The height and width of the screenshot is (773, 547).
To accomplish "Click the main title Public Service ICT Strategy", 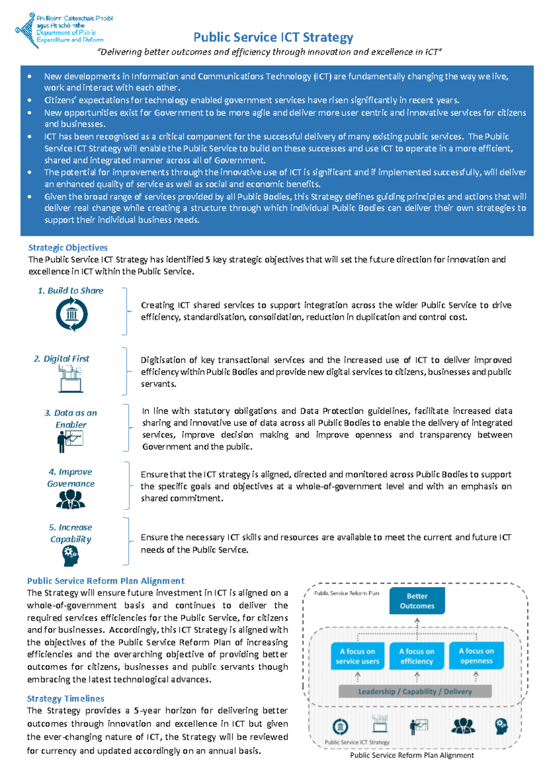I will click(273, 37).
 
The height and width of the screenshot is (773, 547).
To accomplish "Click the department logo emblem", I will click(25, 30).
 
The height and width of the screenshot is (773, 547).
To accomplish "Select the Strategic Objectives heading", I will click(68, 247).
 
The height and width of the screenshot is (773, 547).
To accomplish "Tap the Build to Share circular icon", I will click(72, 314).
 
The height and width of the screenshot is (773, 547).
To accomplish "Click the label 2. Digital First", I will click(61, 359).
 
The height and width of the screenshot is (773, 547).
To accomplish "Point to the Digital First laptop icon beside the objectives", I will click(71, 379).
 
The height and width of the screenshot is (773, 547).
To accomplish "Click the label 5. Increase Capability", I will click(71, 533).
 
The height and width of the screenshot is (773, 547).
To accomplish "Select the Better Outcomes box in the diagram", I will click(417, 601).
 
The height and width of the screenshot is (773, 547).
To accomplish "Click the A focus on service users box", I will click(357, 656).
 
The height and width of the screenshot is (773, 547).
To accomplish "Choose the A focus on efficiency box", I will click(417, 656).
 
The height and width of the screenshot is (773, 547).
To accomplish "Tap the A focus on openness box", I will click(476, 656).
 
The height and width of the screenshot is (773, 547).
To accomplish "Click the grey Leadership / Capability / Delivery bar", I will click(415, 691).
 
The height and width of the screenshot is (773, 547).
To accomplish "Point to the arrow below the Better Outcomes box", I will click(417, 622).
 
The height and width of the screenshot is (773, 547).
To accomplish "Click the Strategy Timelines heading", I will click(66, 698).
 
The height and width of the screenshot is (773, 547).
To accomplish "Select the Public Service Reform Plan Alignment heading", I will click(106, 581).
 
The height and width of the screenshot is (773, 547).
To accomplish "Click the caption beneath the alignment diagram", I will click(412, 755).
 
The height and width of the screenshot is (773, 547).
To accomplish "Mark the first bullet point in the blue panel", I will click(30, 77).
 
